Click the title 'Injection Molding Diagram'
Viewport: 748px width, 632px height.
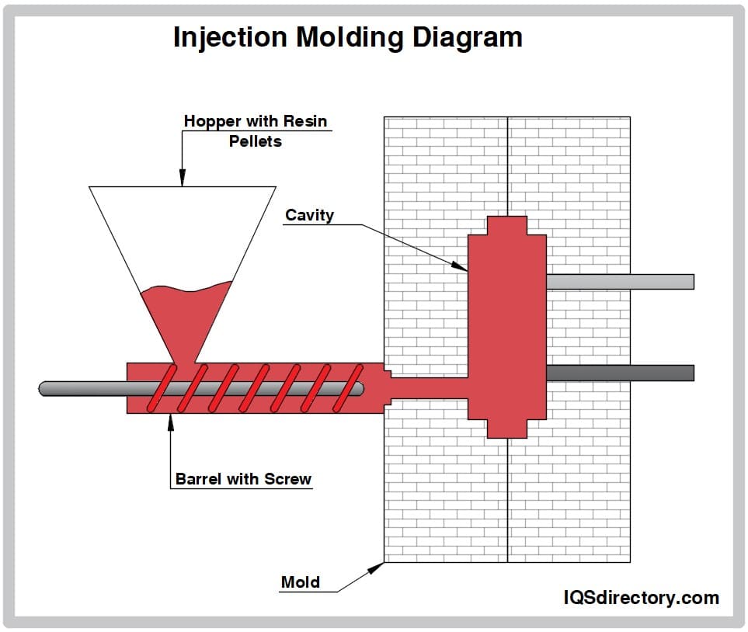[347, 36]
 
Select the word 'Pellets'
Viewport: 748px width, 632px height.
[255, 141]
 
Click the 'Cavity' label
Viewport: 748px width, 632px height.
[309, 215]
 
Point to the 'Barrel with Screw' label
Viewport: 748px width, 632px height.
[243, 479]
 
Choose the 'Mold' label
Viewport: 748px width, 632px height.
[300, 582]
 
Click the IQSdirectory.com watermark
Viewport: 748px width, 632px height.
[641, 597]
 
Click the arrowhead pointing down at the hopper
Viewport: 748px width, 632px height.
[183, 180]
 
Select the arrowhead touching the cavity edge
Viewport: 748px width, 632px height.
[461, 266]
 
